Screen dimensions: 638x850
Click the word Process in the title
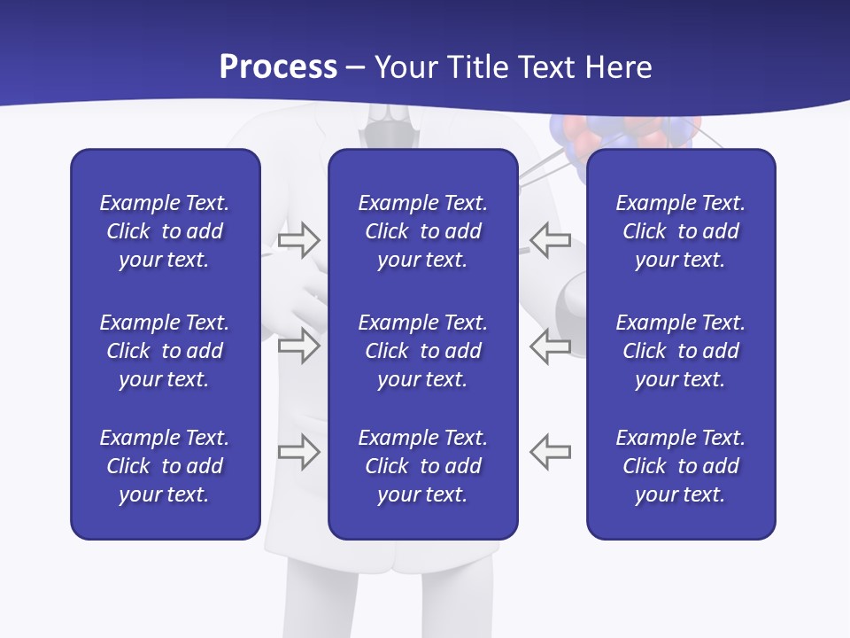[x=278, y=67]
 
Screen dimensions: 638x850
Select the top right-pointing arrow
[x=298, y=240]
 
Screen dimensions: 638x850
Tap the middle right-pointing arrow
[x=298, y=346]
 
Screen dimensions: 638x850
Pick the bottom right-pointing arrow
[x=298, y=452]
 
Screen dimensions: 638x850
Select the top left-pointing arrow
[x=551, y=240]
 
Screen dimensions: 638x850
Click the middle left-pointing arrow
[x=551, y=346]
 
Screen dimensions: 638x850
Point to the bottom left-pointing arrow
[x=551, y=452]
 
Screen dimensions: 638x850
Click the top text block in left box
[x=165, y=231]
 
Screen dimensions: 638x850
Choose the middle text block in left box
[x=165, y=351]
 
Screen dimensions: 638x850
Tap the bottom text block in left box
[x=165, y=466]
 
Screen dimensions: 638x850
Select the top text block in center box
[x=422, y=231]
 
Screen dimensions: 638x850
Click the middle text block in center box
[x=422, y=351]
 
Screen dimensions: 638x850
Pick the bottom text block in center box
[x=422, y=466]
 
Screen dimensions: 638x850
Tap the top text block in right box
[x=680, y=231]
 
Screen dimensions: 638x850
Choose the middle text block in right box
[x=680, y=351]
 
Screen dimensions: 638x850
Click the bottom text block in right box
[x=680, y=466]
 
